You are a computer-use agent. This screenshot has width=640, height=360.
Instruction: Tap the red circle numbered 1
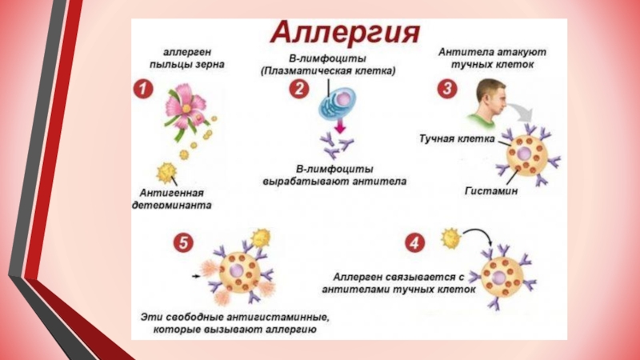click(x=142, y=90)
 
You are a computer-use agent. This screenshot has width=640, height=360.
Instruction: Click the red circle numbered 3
click(x=446, y=90)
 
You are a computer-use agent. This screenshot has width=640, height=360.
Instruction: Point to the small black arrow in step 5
click(x=196, y=277)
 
